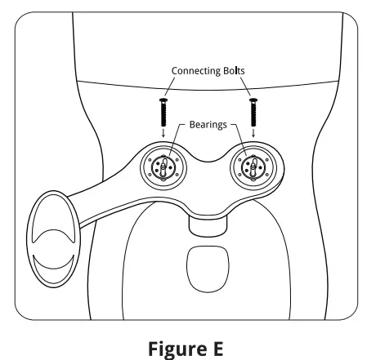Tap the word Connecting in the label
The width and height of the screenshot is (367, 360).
[x=195, y=71]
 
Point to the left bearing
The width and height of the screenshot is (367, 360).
[x=163, y=165]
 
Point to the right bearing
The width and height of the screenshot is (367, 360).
[x=253, y=165]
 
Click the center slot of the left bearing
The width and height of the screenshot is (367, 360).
[x=163, y=166]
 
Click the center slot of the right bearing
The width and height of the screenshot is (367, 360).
[x=253, y=166]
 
